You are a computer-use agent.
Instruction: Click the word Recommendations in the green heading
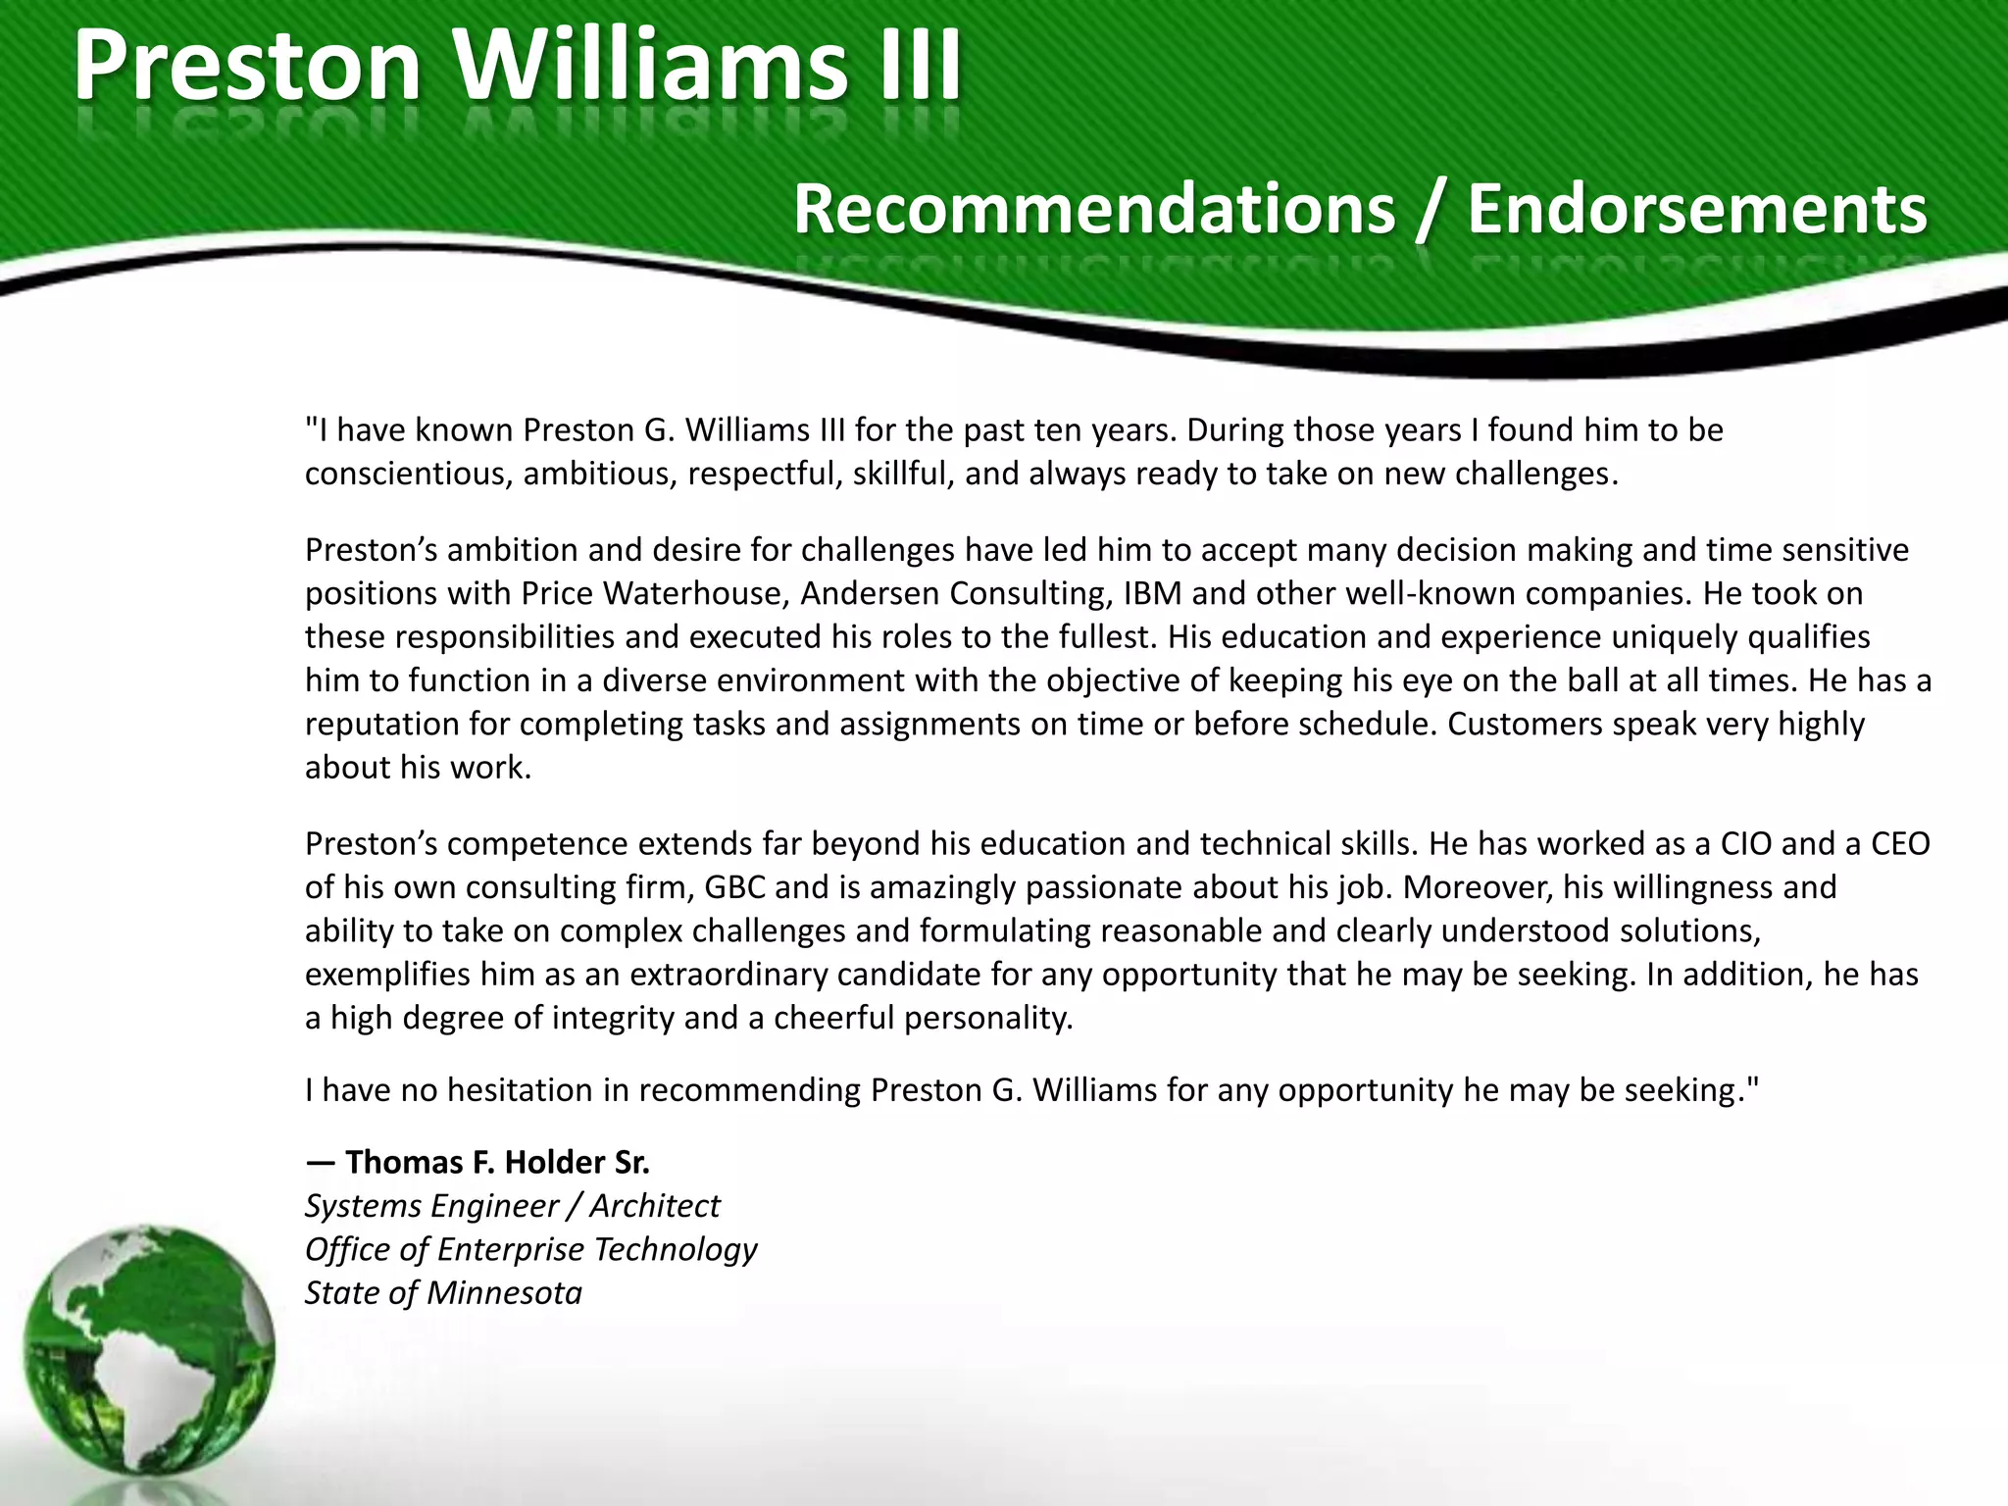[1094, 209]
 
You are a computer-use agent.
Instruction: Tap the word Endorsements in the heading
[1696, 209]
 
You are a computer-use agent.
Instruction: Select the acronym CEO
[1900, 843]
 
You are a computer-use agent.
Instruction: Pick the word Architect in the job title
[654, 1206]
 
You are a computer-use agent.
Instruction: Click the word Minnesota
[504, 1293]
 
